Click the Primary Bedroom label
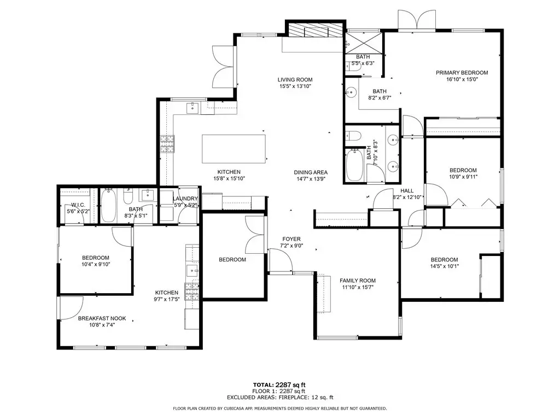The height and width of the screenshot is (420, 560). point(462,73)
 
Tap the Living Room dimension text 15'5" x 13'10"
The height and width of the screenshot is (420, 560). point(295,86)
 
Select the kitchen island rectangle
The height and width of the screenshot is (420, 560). point(234,149)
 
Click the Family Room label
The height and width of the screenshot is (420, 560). point(358,281)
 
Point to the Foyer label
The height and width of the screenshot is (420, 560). point(291,239)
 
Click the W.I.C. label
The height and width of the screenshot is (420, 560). point(78,205)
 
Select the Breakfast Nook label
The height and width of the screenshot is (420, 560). point(102,319)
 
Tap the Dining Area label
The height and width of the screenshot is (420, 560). point(311,172)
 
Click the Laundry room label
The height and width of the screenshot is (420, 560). point(185,199)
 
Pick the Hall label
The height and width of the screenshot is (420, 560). point(407,191)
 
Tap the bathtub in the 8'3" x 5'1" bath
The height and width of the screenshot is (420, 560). point(108,206)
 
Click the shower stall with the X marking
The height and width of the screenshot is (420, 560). point(364,44)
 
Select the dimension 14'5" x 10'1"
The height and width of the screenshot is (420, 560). point(444,266)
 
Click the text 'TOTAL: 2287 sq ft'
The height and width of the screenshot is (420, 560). point(279,385)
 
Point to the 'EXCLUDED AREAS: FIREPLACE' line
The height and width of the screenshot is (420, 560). point(280,397)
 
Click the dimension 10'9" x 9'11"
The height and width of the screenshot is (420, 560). point(463,177)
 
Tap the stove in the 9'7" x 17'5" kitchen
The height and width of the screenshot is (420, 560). point(192,291)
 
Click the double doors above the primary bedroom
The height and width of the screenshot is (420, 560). point(417,20)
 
